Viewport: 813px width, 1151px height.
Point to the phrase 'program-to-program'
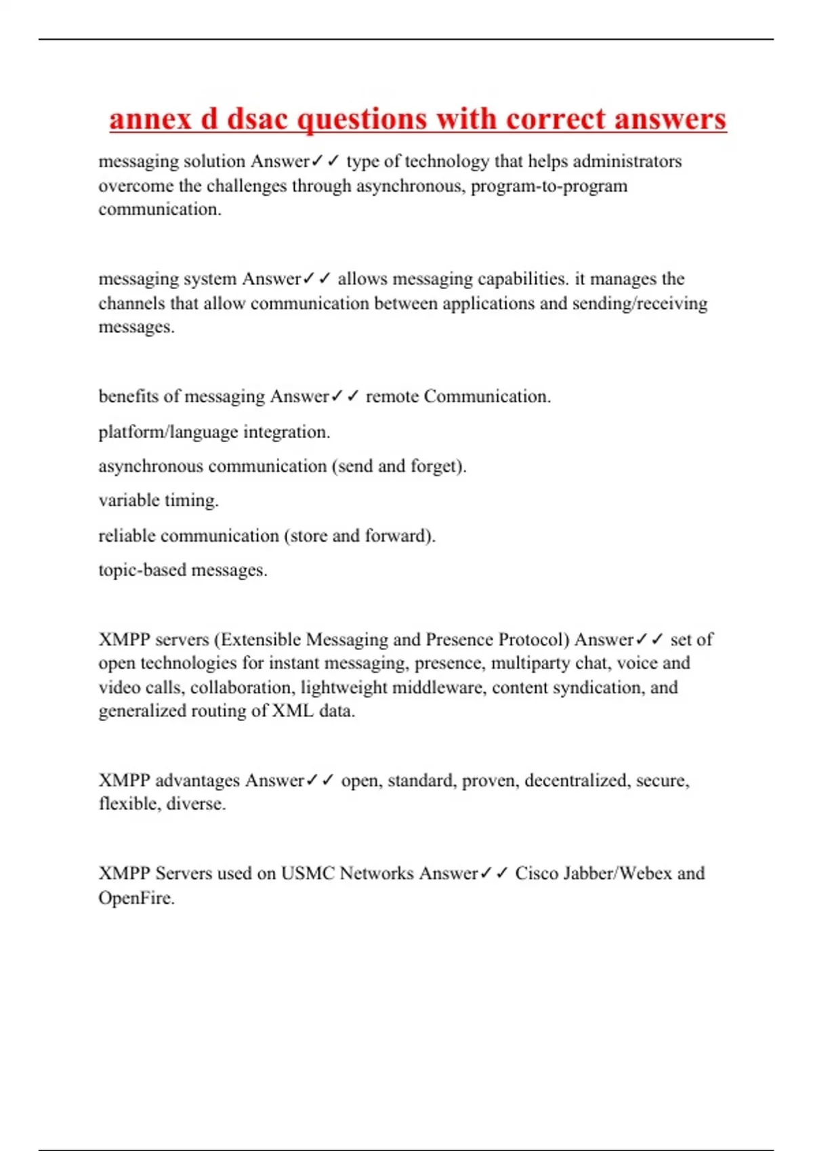[x=549, y=186]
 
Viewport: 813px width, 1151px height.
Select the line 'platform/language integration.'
[x=214, y=432]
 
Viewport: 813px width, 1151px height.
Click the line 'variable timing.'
[x=159, y=501]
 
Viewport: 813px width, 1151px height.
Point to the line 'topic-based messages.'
[x=183, y=570]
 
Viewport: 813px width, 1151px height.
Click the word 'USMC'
[x=308, y=873]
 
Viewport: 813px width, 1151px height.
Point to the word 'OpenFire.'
[x=136, y=898]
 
